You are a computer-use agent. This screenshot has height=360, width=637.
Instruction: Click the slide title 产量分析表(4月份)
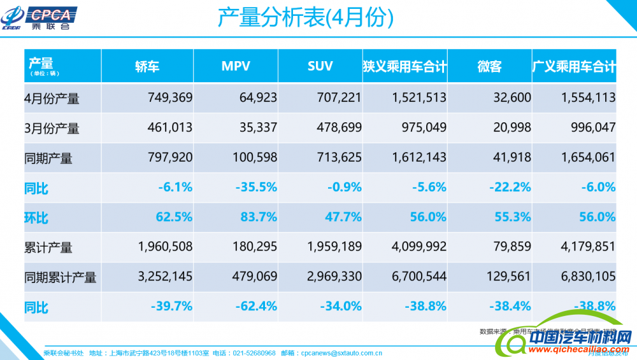[x=306, y=18]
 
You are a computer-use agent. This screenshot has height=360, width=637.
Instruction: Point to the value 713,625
[x=339, y=158]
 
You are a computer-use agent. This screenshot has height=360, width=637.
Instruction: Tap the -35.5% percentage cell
[x=256, y=187]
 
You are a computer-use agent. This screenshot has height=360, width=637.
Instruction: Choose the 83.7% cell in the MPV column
[x=259, y=217]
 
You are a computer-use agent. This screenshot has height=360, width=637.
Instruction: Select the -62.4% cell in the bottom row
[x=256, y=306]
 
